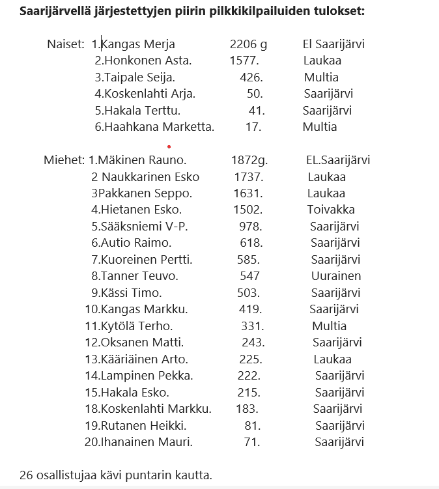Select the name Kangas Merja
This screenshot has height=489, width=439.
coord(138,44)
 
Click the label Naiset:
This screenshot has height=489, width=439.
coord(65,44)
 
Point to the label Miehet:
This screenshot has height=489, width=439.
coord(64,160)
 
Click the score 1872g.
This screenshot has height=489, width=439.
coord(249,160)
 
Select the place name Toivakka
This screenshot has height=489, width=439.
coord(331,210)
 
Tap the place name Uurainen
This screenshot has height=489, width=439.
coord(335,276)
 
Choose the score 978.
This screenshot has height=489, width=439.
coord(251,227)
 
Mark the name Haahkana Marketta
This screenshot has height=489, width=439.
coord(159,127)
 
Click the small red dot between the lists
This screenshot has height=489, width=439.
coord(169,147)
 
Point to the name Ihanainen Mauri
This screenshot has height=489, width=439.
coord(147,442)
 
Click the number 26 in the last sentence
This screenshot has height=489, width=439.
coord(26,475)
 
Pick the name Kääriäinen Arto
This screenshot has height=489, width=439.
coord(144,359)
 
